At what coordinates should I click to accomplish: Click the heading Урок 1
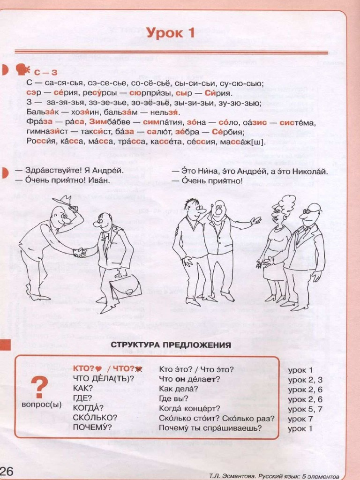point(170,33)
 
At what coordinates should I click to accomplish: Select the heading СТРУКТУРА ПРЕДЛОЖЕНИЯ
point(171,345)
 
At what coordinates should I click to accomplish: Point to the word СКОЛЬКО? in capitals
point(95,417)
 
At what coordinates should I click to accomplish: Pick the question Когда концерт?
point(189,408)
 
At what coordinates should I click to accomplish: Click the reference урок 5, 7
point(305,408)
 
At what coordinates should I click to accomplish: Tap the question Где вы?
point(173,398)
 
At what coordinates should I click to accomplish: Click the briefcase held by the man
point(125,286)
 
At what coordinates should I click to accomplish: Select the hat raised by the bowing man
point(63,201)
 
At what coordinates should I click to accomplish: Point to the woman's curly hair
point(284,204)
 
